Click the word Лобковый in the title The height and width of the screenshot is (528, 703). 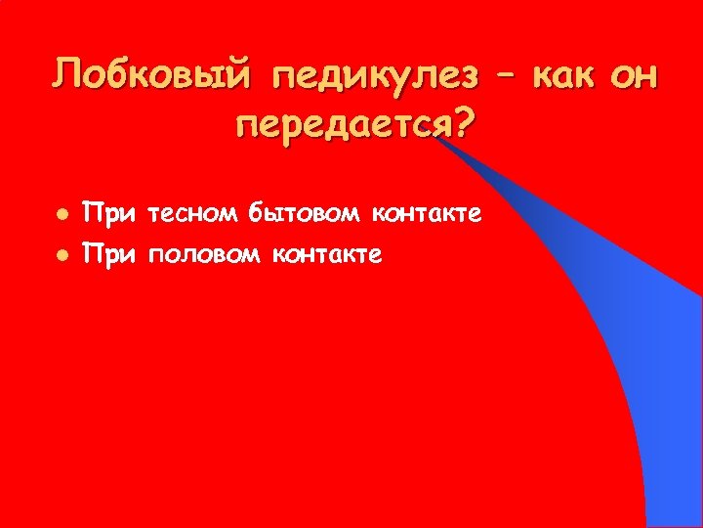[154, 75]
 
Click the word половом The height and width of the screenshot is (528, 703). [203, 254]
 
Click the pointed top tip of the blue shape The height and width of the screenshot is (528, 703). [442, 140]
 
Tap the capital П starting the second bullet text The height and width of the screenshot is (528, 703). [94, 254]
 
